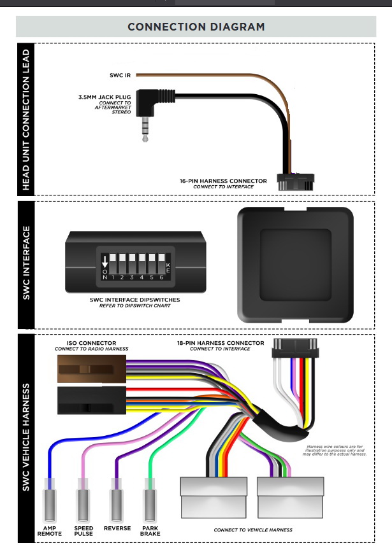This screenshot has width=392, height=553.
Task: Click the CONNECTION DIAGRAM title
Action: [196, 27]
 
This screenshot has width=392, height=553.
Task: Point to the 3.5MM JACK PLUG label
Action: [103, 97]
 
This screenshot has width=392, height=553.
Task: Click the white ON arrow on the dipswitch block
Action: [105, 261]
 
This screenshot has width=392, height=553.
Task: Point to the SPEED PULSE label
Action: [83, 530]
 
